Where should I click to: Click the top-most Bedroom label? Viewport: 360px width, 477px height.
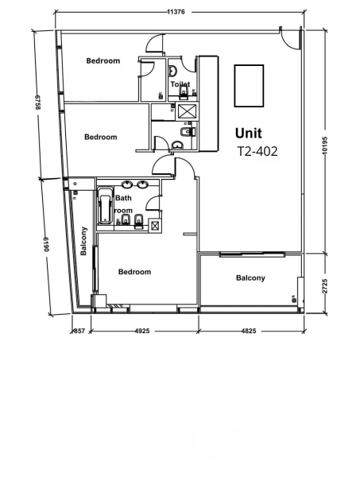(x=103, y=61)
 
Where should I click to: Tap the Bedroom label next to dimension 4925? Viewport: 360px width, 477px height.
(x=134, y=272)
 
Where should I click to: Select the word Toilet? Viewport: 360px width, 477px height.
(x=180, y=83)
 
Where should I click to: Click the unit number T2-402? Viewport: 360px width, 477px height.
(x=257, y=152)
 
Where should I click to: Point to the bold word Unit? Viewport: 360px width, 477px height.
(x=248, y=134)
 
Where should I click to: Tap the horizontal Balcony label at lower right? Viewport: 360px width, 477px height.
(x=250, y=277)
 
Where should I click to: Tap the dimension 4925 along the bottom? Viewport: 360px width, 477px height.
(x=143, y=330)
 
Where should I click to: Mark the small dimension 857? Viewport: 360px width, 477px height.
(x=79, y=330)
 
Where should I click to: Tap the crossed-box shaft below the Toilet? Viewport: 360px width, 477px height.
(x=188, y=111)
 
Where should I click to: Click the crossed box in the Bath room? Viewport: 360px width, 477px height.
(x=154, y=226)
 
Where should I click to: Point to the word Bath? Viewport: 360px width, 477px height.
(x=123, y=198)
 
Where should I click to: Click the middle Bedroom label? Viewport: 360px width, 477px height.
(x=101, y=137)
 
